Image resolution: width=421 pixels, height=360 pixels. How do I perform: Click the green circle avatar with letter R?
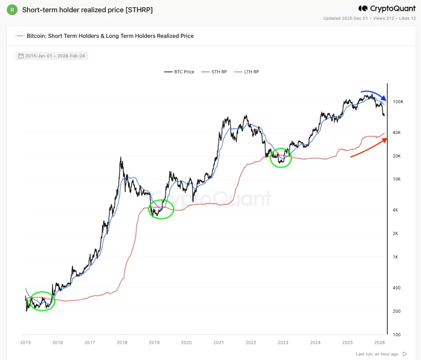[x=12, y=10]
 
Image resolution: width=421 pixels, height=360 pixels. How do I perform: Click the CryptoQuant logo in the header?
[x=387, y=8]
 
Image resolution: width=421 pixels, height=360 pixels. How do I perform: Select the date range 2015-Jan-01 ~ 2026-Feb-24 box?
[x=52, y=56]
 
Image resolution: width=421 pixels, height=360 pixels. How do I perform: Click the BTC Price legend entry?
[x=179, y=72]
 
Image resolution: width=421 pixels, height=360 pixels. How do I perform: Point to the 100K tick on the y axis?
[x=398, y=102]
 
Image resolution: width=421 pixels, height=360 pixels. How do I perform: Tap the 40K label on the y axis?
[x=397, y=133]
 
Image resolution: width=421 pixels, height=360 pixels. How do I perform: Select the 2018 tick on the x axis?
[x=122, y=343]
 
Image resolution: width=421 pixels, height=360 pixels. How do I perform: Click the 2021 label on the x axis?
[x=218, y=343]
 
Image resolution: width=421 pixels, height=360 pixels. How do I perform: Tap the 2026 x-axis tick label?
[x=379, y=343]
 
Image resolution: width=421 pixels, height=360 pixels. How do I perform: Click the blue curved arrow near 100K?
[x=374, y=95]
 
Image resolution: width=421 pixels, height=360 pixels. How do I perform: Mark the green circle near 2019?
[x=161, y=209]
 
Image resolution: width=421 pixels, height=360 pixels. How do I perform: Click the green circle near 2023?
[x=281, y=158]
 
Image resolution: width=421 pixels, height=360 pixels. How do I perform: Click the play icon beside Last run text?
[x=405, y=354]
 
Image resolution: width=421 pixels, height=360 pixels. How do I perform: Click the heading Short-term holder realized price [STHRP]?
[x=87, y=10]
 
